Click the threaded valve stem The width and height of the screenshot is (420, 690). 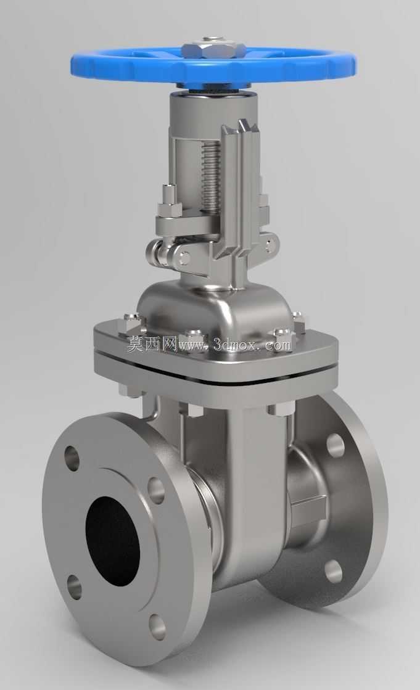pos(210,175)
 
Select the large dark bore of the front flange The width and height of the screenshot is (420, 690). pos(112,541)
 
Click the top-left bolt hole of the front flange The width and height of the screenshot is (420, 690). pos(72,458)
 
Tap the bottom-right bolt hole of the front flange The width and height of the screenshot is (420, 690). pos(157,627)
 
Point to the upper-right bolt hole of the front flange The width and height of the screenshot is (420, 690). pos(156,490)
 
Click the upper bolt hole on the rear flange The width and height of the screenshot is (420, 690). pos(336,445)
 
